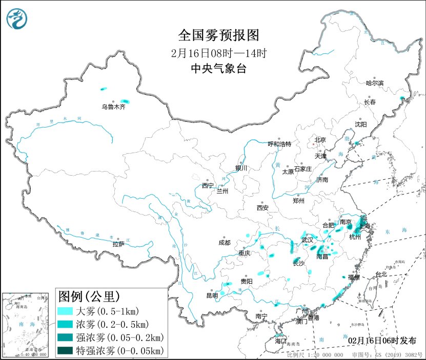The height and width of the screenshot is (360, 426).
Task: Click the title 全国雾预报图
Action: click(x=218, y=35)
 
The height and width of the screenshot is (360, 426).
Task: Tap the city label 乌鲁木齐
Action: click(x=113, y=107)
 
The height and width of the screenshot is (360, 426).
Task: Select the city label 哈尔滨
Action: click(x=374, y=83)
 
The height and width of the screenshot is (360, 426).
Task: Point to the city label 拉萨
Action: click(x=118, y=244)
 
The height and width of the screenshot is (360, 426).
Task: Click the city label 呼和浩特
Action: click(x=280, y=144)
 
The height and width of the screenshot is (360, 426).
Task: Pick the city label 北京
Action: click(x=320, y=139)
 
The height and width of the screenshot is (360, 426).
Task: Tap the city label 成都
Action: click(x=224, y=242)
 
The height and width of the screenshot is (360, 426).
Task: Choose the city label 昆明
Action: click(x=212, y=295)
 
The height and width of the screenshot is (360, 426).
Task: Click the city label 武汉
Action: click(x=307, y=240)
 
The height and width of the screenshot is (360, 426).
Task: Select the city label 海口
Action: click(x=280, y=341)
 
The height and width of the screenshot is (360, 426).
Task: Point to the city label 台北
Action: click(x=381, y=274)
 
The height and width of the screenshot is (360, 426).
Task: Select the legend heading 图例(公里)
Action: click(x=89, y=296)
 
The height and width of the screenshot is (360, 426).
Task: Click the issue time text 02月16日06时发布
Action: click(x=378, y=341)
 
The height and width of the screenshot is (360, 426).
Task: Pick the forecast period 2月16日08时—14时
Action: click(x=218, y=53)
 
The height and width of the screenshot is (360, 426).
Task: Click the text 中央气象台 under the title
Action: click(x=218, y=69)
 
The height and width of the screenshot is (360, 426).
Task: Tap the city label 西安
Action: click(x=262, y=208)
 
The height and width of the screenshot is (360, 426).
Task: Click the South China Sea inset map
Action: click(x=27, y=324)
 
